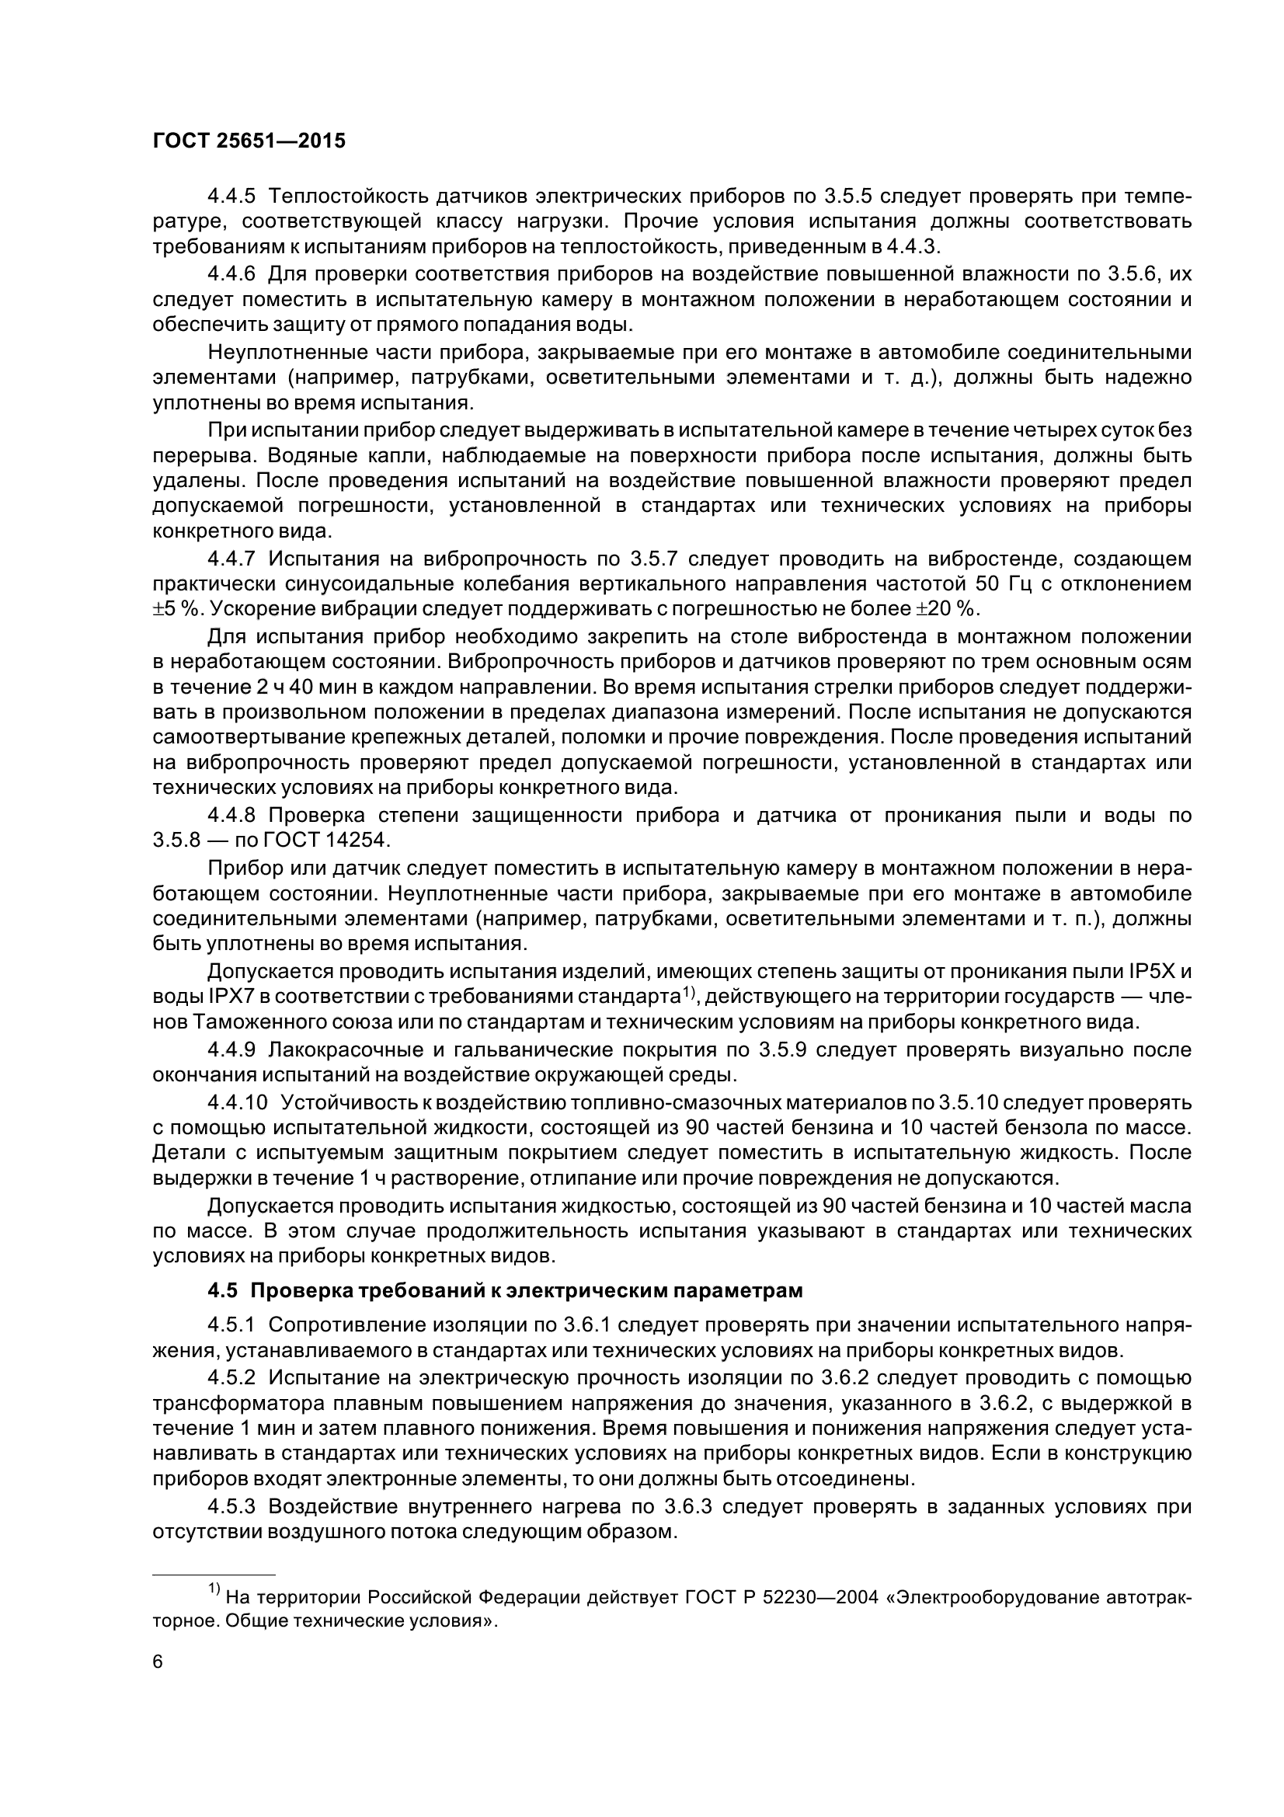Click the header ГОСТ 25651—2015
(249, 141)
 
